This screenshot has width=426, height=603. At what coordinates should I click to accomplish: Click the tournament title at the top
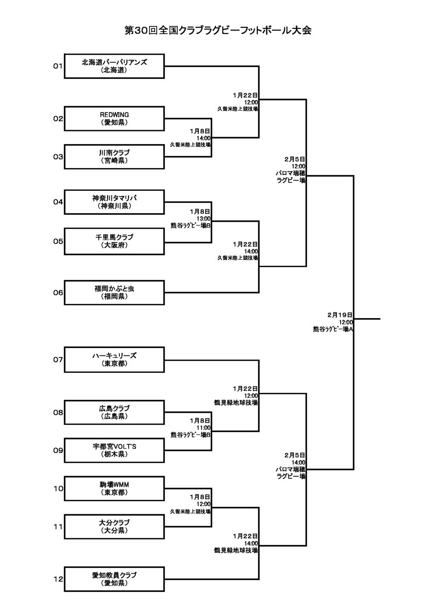click(218, 30)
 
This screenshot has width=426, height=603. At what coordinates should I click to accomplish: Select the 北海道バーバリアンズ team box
click(114, 66)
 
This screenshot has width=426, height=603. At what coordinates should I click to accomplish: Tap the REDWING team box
click(114, 119)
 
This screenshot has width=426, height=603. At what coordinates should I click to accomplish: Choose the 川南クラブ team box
click(114, 157)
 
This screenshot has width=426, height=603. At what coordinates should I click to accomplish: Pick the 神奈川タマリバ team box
click(114, 202)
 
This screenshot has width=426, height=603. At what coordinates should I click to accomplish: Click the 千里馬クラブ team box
click(114, 241)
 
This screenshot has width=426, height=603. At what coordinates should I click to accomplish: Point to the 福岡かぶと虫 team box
click(114, 293)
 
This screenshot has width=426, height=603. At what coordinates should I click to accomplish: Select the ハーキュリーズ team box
click(114, 359)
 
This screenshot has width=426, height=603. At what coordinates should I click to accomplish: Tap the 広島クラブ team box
click(114, 412)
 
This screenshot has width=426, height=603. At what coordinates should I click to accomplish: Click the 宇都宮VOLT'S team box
click(114, 450)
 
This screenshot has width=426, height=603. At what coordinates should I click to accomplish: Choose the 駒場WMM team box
click(114, 489)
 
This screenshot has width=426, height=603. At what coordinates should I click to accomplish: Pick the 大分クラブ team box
click(114, 527)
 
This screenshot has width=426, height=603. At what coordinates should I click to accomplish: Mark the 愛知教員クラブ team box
click(114, 579)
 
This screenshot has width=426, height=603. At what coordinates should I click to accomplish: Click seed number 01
click(58, 66)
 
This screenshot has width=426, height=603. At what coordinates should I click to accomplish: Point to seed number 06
click(58, 293)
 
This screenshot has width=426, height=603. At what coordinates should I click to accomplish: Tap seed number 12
click(58, 579)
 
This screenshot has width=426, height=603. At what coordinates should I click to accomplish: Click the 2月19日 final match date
click(340, 315)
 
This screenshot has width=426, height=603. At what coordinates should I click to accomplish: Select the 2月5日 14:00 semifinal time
click(298, 462)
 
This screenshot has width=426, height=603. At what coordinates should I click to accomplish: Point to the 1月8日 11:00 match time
click(203, 428)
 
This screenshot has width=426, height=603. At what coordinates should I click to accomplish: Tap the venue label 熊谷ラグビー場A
click(333, 329)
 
